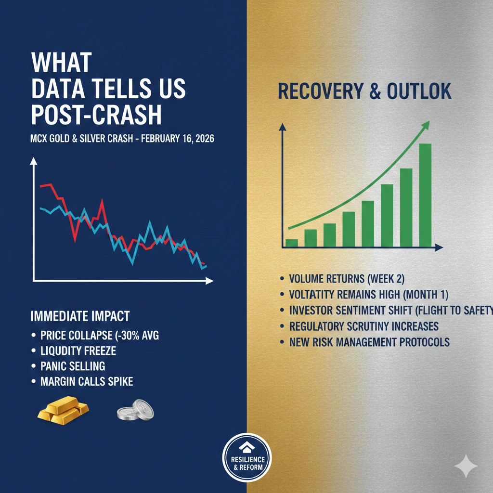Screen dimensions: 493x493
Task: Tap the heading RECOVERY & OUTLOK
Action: coord(364,91)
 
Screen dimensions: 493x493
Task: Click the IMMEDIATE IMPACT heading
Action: coord(80,316)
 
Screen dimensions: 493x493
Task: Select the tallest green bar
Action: coord(426,195)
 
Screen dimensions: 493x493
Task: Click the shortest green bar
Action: coord(292,243)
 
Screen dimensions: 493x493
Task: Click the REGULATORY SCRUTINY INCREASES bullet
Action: coord(364,326)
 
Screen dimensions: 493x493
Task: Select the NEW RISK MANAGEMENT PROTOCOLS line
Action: coord(369,342)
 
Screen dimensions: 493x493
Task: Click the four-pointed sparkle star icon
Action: coord(466,466)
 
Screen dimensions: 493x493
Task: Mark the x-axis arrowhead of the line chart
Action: coord(210,281)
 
